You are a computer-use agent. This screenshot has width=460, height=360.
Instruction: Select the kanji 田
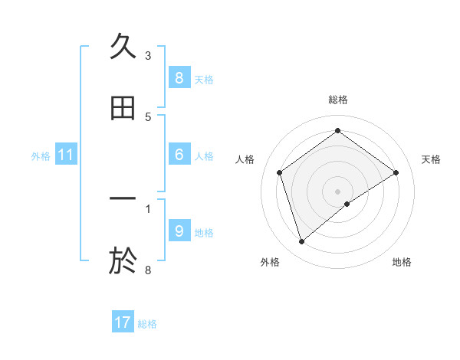(123, 108)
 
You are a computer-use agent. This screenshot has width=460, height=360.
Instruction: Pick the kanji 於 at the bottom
(123, 260)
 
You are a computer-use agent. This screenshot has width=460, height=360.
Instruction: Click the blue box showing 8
(179, 77)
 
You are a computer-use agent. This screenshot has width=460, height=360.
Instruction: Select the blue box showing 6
(179, 155)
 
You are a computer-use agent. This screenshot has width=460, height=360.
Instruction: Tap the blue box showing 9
(179, 231)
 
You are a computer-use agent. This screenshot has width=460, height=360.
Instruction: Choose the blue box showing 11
(65, 155)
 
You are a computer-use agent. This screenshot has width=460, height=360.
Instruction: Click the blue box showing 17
(123, 322)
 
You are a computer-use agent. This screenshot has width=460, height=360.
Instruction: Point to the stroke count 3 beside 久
(148, 55)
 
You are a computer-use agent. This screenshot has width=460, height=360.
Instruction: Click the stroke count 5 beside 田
(148, 116)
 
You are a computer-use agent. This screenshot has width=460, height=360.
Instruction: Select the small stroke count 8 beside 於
(148, 270)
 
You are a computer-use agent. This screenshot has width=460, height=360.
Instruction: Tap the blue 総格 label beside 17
(147, 324)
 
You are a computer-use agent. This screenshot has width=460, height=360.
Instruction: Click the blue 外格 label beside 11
(41, 156)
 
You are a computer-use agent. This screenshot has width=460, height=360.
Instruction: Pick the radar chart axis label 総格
(338, 100)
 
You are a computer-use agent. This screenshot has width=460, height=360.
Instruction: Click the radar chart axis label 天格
(432, 159)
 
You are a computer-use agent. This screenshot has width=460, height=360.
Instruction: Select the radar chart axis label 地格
(402, 262)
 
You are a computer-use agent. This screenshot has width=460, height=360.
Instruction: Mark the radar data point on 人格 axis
(280, 172)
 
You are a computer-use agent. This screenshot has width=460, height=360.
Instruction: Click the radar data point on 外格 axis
(302, 242)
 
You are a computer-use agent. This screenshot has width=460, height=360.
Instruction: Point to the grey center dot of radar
(338, 191)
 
